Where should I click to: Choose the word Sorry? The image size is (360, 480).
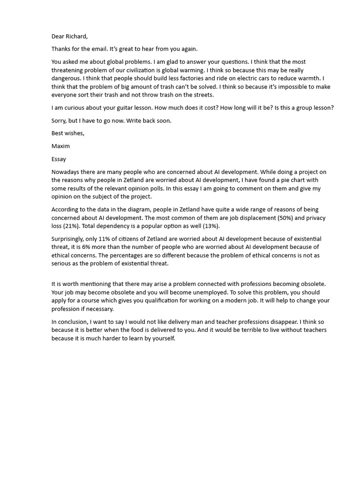coord(60,120)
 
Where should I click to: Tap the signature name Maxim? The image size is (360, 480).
coord(60,146)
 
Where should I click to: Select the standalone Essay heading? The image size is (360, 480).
coord(59,159)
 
